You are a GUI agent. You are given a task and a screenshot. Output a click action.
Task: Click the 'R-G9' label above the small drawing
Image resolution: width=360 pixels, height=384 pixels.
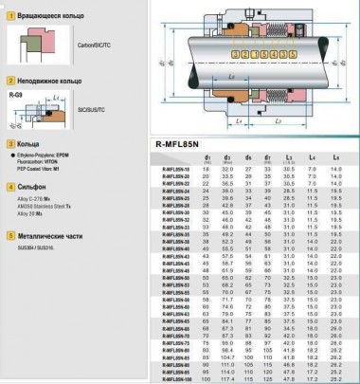[14, 95]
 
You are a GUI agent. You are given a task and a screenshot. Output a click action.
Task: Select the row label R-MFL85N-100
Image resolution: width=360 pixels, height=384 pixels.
[173, 378]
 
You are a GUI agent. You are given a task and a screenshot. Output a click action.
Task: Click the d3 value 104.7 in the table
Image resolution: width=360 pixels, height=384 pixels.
[226, 356]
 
